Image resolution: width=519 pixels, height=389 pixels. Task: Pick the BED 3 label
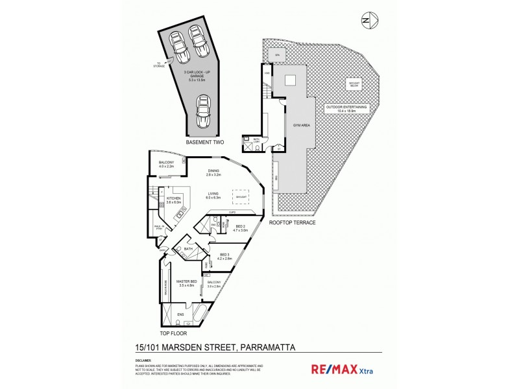point(225,255)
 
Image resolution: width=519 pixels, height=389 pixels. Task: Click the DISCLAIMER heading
point(143,360)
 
